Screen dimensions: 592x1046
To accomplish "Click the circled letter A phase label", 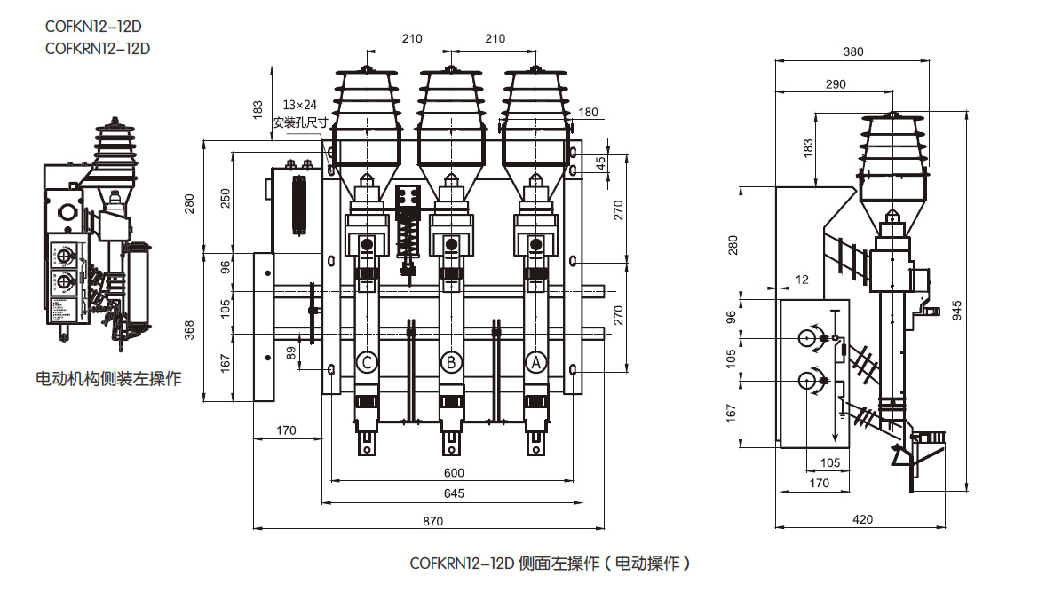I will click(535, 362).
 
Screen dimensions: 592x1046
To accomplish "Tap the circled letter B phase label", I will click(451, 362).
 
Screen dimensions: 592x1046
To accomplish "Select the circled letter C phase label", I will click(367, 362).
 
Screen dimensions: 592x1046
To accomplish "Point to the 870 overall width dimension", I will click(432, 522).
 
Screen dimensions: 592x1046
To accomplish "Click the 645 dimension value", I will click(453, 493).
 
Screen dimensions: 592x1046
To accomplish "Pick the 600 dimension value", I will click(453, 473).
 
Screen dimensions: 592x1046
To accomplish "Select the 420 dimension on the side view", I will click(862, 519).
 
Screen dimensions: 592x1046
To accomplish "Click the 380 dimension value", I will click(852, 51).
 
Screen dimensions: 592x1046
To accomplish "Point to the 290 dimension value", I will click(835, 83).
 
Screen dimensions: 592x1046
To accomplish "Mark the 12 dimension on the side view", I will click(802, 280).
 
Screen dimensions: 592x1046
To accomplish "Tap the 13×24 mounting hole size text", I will click(299, 105).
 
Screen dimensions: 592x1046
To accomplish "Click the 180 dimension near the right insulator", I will click(588, 112).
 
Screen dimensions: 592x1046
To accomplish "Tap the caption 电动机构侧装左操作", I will click(108, 379).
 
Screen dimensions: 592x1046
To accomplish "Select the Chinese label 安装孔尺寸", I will click(300, 122).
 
